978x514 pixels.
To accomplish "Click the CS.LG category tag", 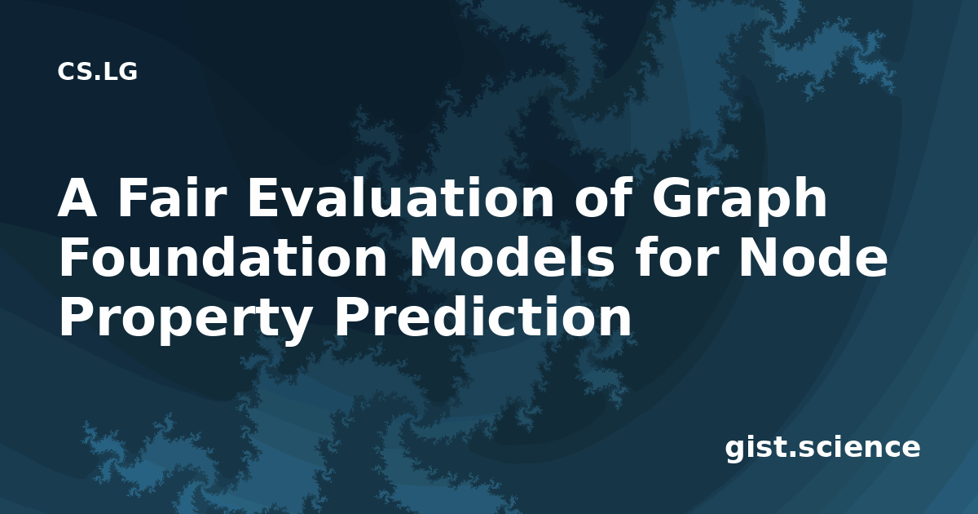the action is [97, 72].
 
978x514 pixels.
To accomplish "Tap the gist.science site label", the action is [822, 449].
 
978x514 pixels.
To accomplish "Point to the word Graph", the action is [739, 201].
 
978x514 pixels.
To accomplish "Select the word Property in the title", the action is [185, 321].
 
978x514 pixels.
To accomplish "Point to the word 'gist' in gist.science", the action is [755, 449].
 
